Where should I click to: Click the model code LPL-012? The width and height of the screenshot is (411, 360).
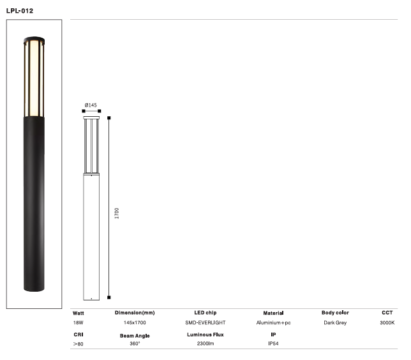[20, 11]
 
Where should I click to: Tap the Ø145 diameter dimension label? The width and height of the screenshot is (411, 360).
[91, 105]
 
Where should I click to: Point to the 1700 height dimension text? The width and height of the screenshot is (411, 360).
[117, 213]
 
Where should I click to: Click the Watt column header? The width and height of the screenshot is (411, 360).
[78, 313]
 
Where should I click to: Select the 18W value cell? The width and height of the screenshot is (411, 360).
[78, 323]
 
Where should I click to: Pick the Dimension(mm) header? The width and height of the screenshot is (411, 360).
[135, 313]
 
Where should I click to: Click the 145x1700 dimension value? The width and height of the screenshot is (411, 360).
[135, 323]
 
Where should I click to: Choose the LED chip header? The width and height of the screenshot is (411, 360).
[205, 313]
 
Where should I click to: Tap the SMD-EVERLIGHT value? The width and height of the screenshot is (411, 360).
[205, 323]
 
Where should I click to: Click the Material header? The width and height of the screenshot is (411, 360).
[273, 313]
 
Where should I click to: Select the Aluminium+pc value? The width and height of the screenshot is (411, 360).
[273, 323]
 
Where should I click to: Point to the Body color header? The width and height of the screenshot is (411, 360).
[335, 313]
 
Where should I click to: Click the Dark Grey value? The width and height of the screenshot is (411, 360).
[335, 323]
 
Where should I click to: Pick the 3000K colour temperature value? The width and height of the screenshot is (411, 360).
[387, 323]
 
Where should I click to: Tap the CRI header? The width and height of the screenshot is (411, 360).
[78, 334]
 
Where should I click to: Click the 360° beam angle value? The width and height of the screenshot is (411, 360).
[135, 344]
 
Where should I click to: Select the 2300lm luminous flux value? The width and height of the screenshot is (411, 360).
[205, 344]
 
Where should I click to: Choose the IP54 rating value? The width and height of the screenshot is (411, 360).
[273, 344]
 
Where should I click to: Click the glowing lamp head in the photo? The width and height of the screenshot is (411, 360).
[34, 77]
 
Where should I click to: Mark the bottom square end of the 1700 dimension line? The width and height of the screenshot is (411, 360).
[109, 297]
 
